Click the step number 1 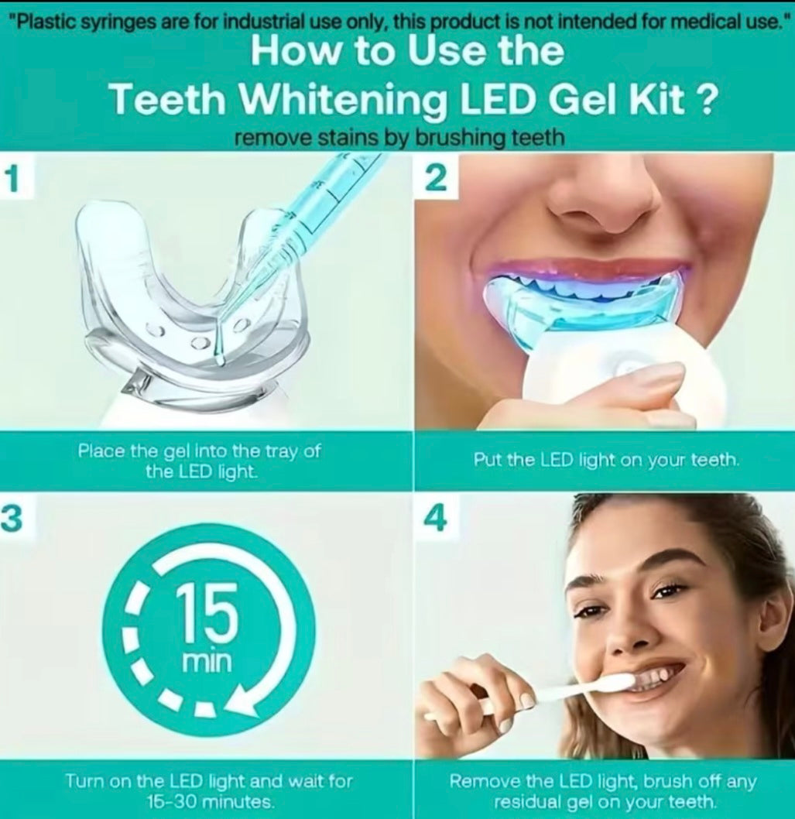click(x=10, y=178)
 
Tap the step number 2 click(x=436, y=178)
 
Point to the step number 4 click(x=436, y=519)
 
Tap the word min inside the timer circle click(x=205, y=663)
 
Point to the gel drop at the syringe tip click(x=219, y=358)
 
